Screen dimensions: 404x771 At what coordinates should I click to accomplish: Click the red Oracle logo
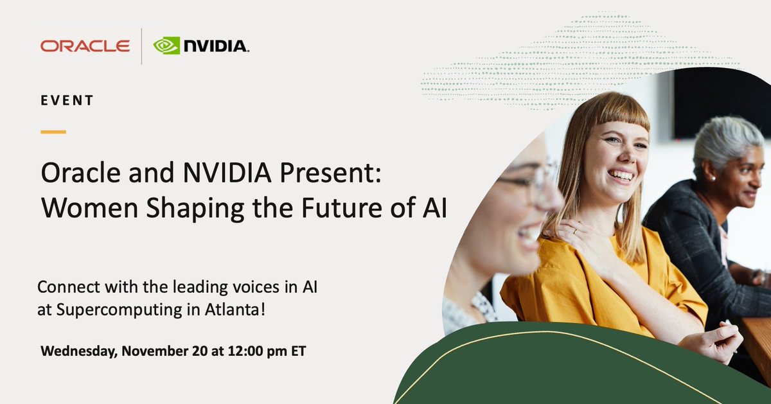pos(85,46)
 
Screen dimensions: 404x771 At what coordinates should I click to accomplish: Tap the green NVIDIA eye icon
pos(166,46)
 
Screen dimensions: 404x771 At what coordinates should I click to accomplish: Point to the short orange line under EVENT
pos(53,132)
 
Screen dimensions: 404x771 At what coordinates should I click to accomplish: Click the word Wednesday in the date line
pos(80,352)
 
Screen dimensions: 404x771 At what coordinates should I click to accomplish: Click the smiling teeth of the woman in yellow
pos(621,174)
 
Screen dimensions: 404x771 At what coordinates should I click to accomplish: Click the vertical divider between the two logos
pos(142,46)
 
